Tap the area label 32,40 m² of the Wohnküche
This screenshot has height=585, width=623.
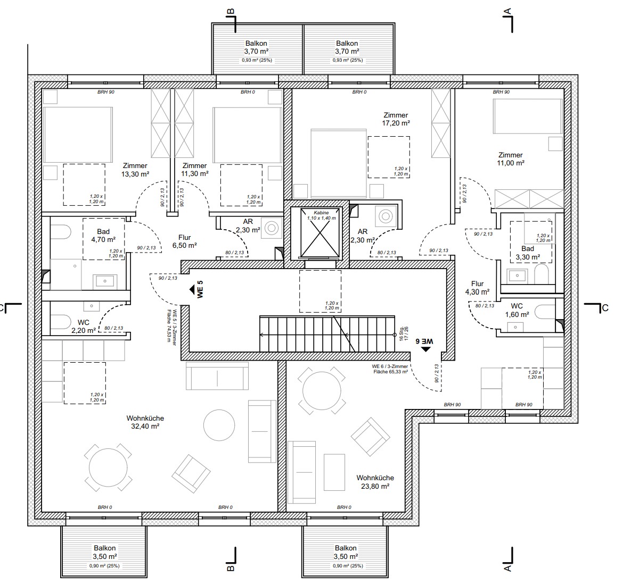[145, 426]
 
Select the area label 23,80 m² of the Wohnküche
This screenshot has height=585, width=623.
[375, 486]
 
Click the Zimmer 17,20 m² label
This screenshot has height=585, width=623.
[396, 123]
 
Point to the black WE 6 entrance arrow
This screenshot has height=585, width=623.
[426, 348]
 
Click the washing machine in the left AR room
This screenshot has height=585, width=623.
[272, 228]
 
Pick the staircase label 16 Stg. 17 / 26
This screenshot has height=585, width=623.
[404, 333]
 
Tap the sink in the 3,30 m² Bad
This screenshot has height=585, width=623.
[514, 275]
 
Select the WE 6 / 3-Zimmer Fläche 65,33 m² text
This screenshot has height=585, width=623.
[389, 369]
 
